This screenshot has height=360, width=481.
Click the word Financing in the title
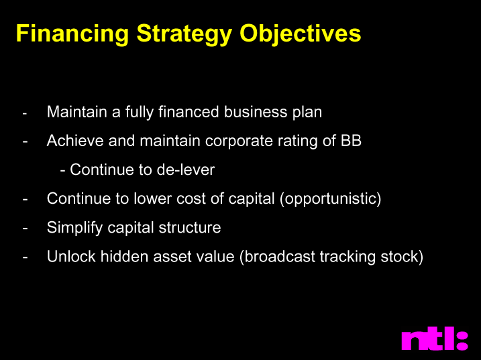(x=72, y=34)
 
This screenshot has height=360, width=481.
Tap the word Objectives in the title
(x=301, y=34)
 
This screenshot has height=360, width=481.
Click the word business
(x=256, y=111)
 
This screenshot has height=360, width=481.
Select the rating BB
(x=351, y=141)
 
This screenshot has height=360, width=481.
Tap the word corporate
(x=239, y=141)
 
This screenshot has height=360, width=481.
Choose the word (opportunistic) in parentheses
(x=330, y=199)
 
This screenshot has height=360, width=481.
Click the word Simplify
(x=74, y=228)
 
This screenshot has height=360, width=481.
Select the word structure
(x=190, y=228)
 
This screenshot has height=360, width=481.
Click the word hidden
(x=125, y=256)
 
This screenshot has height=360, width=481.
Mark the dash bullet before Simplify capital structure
(x=25, y=229)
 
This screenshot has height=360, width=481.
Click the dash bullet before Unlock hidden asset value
(x=25, y=257)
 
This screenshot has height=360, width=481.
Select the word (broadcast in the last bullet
(x=277, y=257)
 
